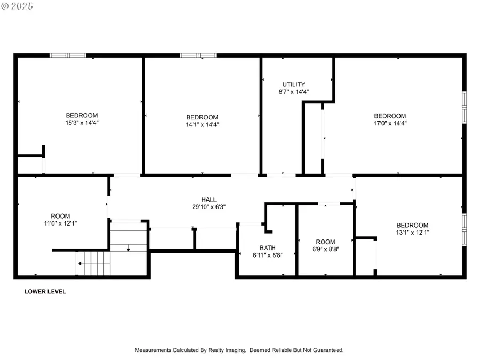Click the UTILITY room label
293,84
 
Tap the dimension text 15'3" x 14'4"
82,123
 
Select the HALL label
209,199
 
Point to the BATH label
267,247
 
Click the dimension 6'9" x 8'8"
325,249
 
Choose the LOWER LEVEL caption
45,292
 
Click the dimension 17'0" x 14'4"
390,123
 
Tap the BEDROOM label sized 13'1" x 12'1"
413,225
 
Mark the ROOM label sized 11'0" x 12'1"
60,216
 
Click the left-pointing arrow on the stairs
79,263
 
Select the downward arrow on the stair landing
128,248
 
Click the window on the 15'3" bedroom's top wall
68,55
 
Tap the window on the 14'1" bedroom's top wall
198,55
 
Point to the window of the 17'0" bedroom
464,107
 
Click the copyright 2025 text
17,6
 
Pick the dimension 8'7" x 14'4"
293,92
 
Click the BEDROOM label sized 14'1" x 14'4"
202,117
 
